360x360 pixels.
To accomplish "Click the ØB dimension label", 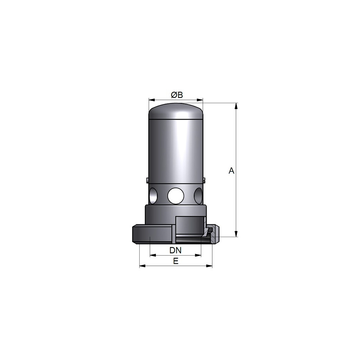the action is (177, 95).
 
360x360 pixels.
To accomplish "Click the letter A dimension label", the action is (231, 171).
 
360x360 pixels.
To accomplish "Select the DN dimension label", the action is (175, 250).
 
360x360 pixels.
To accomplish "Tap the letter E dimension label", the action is (176, 261).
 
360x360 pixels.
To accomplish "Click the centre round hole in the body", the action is (176, 196).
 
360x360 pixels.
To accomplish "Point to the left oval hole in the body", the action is (153, 196).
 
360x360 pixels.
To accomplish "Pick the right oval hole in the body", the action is (198, 196).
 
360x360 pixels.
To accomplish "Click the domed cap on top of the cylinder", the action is (176, 111).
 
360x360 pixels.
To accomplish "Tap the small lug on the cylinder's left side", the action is (147, 180).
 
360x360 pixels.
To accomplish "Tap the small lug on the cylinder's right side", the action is (204, 180).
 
